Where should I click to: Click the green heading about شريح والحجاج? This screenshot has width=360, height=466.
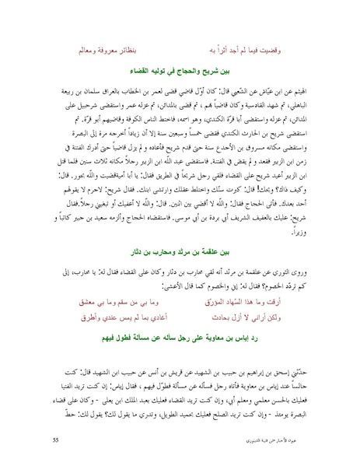pyautogui.click(x=180, y=71)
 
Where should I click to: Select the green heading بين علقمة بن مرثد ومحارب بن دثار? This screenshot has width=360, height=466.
pyautogui.click(x=180, y=253)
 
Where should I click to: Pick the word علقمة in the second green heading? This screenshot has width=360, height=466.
pyautogui.click(x=211, y=253)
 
